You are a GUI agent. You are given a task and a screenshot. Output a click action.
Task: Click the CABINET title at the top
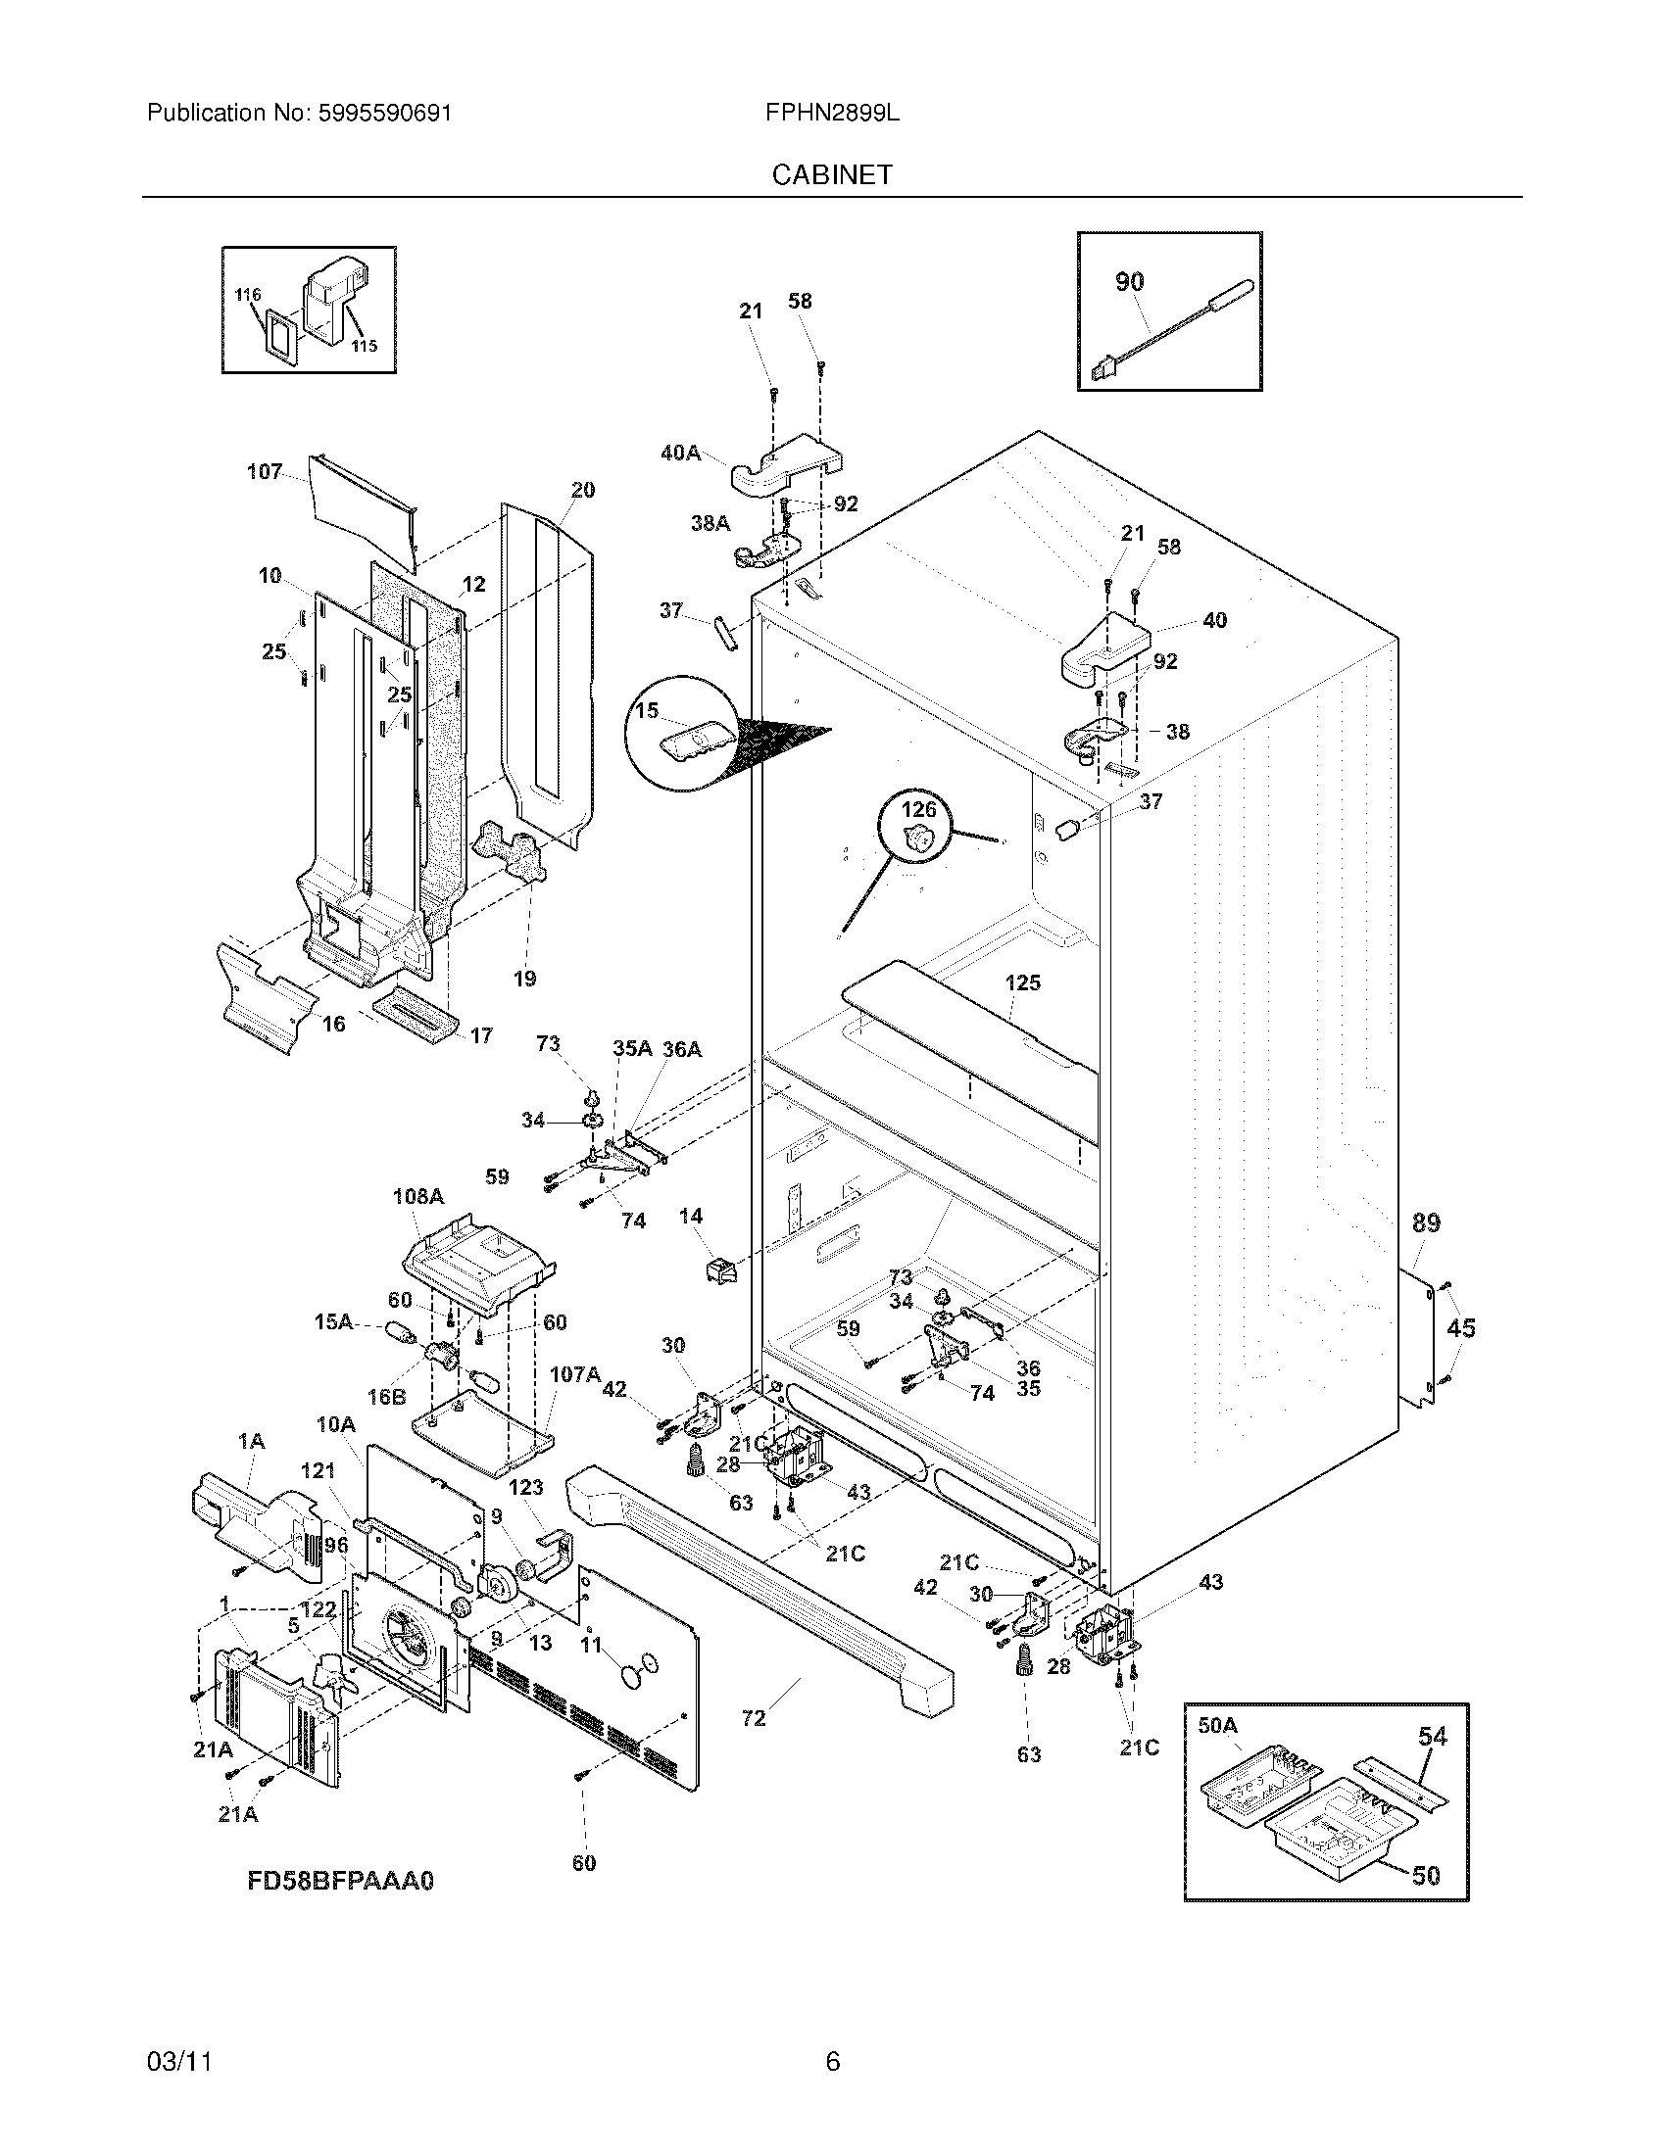pyautogui.click(x=832, y=174)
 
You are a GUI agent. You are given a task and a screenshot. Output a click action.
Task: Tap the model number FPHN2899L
pyautogui.click(x=832, y=113)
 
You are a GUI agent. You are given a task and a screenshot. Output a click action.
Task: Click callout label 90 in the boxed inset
pyautogui.click(x=1129, y=281)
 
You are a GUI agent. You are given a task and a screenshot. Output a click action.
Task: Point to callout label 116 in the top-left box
pyautogui.click(x=248, y=294)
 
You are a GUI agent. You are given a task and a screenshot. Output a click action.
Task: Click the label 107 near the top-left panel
pyautogui.click(x=264, y=472)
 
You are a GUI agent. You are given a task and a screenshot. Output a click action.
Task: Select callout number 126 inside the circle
pyautogui.click(x=919, y=809)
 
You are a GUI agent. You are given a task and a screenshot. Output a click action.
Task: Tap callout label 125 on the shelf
pyautogui.click(x=1022, y=982)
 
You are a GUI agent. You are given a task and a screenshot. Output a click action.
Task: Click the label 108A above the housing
pyautogui.click(x=417, y=1196)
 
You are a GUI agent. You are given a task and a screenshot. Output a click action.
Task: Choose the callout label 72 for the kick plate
pyautogui.click(x=753, y=1718)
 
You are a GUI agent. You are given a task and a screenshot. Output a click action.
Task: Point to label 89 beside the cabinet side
pyautogui.click(x=1425, y=1222)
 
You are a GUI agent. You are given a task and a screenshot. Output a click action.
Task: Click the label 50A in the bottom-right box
pyautogui.click(x=1217, y=1724)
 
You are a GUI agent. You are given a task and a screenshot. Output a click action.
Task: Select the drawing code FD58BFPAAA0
pyautogui.click(x=339, y=1881)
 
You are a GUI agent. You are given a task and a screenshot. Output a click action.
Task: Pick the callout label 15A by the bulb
pyautogui.click(x=332, y=1321)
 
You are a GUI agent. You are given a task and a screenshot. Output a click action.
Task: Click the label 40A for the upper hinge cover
pyautogui.click(x=680, y=453)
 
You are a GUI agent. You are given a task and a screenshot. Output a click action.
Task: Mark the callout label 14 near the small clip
pyautogui.click(x=691, y=1216)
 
